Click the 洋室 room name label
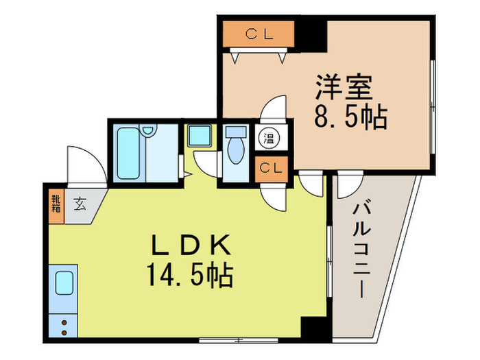click(x=344, y=87)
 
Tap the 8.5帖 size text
click(x=351, y=117)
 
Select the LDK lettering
click(x=191, y=245)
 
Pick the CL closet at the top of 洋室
click(x=259, y=34)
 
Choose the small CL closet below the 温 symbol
click(x=271, y=169)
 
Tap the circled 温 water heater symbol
click(x=269, y=138)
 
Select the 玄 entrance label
click(x=80, y=204)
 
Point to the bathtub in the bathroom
click(x=129, y=153)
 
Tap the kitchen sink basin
click(x=64, y=283)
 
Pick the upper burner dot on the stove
click(x=64, y=323)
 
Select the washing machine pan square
click(x=200, y=135)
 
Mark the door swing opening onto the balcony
click(x=350, y=185)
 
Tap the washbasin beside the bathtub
click(x=149, y=131)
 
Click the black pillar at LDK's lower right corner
click(x=314, y=328)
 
